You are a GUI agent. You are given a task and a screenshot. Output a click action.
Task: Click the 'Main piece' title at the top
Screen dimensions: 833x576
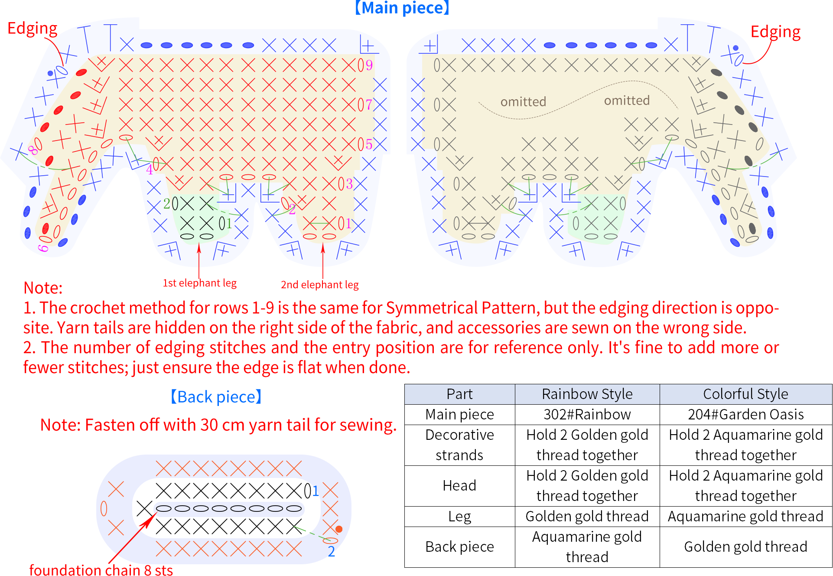pos(402,8)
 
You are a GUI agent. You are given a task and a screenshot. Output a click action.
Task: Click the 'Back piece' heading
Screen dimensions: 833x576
pos(216,396)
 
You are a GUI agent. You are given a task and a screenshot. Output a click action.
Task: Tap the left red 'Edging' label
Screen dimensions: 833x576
pos(33,29)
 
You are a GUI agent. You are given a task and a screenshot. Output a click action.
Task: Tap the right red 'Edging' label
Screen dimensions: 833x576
pos(775,32)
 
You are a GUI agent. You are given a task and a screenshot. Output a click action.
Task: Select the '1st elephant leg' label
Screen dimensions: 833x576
pos(199,283)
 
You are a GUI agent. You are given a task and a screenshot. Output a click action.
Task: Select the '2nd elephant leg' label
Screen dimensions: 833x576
pos(320,285)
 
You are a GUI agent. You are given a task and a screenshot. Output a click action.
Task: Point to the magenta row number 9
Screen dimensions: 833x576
pos(369,65)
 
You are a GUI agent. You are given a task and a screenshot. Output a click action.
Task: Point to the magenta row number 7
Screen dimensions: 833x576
pos(369,105)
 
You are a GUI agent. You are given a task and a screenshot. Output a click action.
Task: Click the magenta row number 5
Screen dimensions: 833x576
pos(369,144)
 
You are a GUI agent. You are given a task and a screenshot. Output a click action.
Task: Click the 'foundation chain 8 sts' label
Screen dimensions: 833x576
pos(101,569)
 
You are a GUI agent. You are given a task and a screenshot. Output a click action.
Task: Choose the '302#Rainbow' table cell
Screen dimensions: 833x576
pos(587,414)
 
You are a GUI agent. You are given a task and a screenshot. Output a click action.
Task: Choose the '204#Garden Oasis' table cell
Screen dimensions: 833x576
pos(746,414)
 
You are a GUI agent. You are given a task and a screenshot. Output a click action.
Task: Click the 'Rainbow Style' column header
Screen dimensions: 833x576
pos(587,394)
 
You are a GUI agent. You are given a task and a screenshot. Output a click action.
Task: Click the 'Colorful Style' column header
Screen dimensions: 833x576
pos(746,394)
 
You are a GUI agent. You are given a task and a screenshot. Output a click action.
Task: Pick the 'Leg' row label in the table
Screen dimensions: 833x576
pos(459,517)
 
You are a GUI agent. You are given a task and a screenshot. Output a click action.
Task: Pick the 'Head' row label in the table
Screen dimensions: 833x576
pos(459,485)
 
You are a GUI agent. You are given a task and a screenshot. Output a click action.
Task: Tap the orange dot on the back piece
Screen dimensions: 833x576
pos(339,529)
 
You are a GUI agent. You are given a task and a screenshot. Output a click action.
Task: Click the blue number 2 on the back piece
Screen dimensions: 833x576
pos(331,551)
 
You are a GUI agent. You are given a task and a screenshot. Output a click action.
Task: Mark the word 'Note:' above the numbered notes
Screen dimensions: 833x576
pos(43,288)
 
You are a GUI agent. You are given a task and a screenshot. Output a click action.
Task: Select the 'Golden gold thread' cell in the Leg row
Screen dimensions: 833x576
pos(587,516)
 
